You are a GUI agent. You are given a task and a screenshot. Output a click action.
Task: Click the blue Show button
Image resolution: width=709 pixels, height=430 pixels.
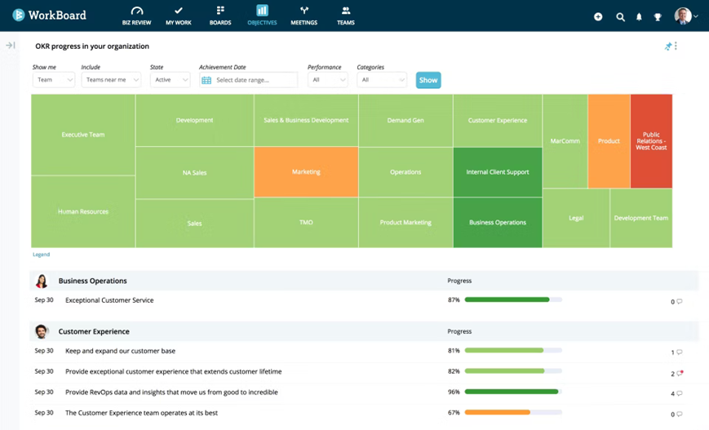tap(428, 80)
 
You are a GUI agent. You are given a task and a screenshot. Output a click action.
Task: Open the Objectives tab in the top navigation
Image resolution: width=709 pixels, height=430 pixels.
tap(262, 15)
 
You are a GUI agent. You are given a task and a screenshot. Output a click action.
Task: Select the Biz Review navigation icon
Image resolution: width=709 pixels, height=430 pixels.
tap(136, 11)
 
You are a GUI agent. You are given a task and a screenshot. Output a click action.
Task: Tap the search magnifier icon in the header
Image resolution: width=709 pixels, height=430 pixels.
tap(620, 17)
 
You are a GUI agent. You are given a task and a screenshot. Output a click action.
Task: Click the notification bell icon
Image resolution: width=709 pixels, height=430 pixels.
tap(639, 17)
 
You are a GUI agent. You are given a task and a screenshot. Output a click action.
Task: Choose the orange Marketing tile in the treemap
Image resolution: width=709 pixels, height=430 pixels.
tap(306, 172)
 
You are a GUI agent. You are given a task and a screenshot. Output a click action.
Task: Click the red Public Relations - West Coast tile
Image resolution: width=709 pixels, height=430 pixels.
tap(651, 141)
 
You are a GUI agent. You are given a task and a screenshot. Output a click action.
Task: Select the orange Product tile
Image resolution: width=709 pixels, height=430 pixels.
tap(609, 141)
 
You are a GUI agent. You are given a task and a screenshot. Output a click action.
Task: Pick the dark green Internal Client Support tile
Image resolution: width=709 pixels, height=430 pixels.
tap(498, 172)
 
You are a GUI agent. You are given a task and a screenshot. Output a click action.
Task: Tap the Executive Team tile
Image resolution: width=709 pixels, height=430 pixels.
tap(83, 135)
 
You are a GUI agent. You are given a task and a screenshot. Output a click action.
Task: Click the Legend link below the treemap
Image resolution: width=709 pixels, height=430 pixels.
tap(41, 255)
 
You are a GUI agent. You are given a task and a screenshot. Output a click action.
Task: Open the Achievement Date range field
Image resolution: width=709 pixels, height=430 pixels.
tap(248, 80)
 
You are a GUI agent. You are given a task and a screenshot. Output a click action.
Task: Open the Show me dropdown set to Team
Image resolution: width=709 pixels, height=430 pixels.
tap(53, 80)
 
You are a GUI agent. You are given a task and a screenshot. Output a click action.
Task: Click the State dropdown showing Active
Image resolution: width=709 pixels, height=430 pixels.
tap(170, 80)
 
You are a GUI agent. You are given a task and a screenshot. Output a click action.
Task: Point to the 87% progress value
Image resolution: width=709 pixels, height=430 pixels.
tap(454, 299)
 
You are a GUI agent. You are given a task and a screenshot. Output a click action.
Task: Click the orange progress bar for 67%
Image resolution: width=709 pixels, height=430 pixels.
tap(498, 412)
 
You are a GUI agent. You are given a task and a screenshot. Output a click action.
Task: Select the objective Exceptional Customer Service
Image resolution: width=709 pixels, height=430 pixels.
tap(109, 300)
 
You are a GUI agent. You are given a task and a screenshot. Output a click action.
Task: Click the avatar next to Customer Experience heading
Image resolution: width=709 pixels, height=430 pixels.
tap(42, 331)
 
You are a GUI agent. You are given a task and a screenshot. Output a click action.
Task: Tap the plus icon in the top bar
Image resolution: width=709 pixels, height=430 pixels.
tap(598, 17)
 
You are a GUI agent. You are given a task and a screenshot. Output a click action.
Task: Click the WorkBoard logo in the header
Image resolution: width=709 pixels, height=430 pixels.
tap(49, 15)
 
